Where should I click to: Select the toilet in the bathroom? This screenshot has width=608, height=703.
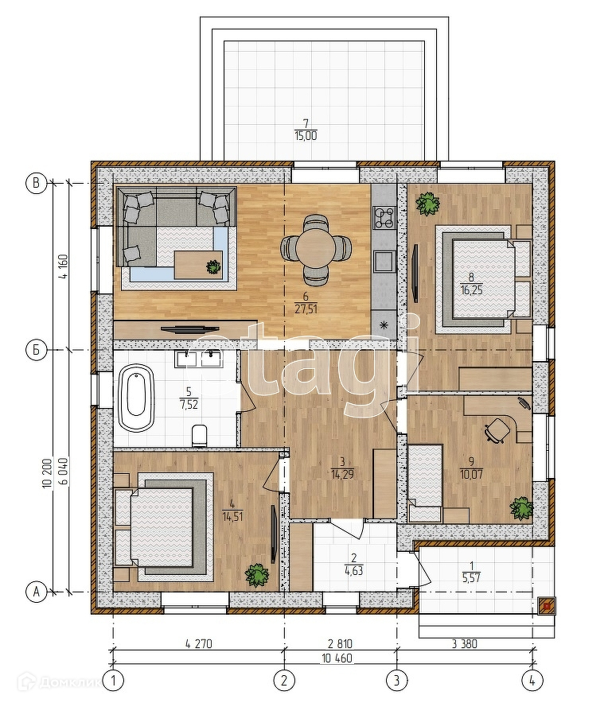click(x=200, y=435)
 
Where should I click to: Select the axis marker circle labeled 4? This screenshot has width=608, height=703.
click(x=532, y=681)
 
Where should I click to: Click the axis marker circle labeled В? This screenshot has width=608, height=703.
click(x=37, y=184)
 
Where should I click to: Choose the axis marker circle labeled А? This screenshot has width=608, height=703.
click(x=37, y=592)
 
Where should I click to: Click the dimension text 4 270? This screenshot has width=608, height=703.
click(x=198, y=644)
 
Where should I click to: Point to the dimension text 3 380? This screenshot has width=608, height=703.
click(x=464, y=644)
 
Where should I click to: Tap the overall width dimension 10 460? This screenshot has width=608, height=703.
click(x=337, y=658)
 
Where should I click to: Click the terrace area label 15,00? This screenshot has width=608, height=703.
click(x=306, y=136)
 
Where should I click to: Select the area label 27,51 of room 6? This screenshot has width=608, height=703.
click(x=306, y=309)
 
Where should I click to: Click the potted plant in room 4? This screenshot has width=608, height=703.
click(x=256, y=574)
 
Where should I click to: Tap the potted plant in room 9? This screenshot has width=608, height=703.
click(x=521, y=508)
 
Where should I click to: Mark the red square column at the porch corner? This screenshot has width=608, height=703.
click(x=547, y=607)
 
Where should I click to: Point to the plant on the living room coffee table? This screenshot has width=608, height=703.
click(x=213, y=266)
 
